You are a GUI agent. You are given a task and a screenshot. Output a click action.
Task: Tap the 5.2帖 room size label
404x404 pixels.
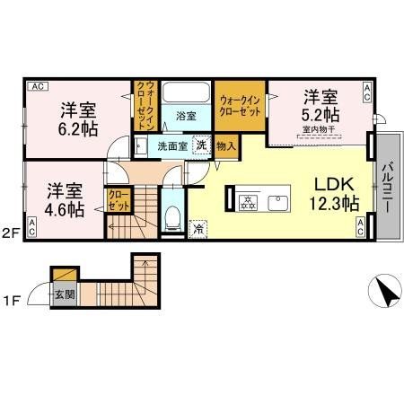321,116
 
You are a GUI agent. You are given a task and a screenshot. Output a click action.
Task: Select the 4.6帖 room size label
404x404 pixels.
66,210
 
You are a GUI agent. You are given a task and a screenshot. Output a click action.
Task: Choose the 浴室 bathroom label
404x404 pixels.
186,115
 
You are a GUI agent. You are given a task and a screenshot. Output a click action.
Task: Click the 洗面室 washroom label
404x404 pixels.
171,145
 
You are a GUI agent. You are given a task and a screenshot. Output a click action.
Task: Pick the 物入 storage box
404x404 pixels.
227,145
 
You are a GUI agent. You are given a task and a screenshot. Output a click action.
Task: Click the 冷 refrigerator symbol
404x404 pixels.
198,229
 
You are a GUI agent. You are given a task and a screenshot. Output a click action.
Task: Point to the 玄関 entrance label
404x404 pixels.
63,293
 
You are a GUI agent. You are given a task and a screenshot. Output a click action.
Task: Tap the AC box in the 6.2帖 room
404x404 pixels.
37,87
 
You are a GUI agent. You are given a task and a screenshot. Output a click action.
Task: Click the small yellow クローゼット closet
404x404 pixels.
118,198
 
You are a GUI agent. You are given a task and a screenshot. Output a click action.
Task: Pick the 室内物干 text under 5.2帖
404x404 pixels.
319,131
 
